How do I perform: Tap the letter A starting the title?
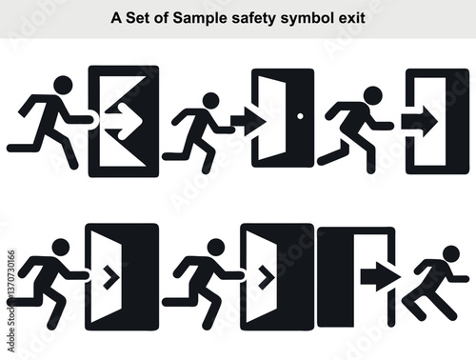[116, 17]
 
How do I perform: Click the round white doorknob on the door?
[301, 116]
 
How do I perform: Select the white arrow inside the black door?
[122, 121]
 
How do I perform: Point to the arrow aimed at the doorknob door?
[247, 121]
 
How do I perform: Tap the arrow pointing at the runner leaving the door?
[379, 276]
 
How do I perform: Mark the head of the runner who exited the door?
[448, 253]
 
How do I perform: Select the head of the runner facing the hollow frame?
[372, 94]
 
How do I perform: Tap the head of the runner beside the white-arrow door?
[63, 85]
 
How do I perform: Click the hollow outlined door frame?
[437, 121]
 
